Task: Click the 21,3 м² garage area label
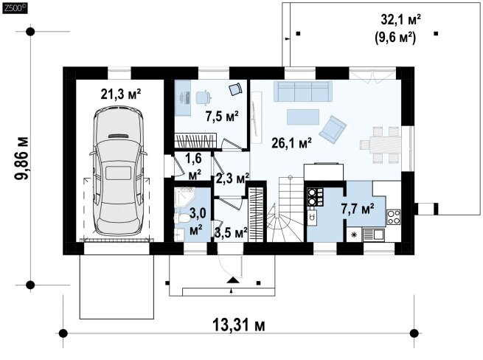coord(121,94)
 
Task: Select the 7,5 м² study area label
coord(222,117)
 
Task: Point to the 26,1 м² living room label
coord(292,142)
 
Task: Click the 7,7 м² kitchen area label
coord(358,209)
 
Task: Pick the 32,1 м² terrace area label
coord(401,20)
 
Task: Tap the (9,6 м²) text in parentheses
coord(395,38)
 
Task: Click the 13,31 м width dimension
coord(239,325)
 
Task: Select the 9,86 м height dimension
coord(22,158)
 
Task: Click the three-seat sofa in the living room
coord(303,91)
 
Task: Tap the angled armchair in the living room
coord(333,129)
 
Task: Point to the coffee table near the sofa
coord(303,117)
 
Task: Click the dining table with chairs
coord(380,145)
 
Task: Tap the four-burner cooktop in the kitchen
coord(394,217)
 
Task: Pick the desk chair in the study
coord(204,97)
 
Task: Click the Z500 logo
coord(15,8)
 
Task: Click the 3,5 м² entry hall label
coord(232,233)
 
